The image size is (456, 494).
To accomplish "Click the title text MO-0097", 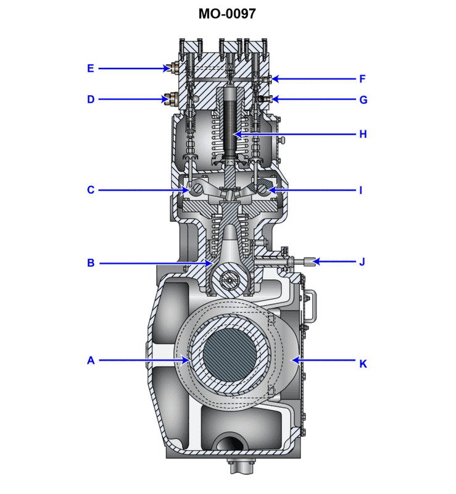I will (227, 14).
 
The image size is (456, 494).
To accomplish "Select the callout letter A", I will (91, 360).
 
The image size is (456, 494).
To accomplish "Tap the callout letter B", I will (91, 263).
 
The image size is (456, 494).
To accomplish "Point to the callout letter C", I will (91, 190).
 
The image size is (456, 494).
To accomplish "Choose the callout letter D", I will (91, 99).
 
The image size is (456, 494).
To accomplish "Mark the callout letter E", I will (91, 69).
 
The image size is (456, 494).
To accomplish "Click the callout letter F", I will (363, 79).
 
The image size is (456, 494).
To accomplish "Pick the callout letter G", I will (363, 99).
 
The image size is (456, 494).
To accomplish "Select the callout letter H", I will (363, 134).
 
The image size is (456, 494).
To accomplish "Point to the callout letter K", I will (363, 364).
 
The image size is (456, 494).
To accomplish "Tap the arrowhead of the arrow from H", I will (233, 134).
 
